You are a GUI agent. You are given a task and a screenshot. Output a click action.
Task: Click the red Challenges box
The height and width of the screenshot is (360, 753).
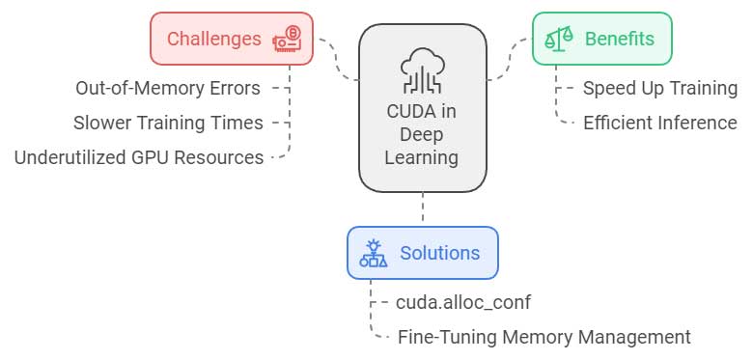232,39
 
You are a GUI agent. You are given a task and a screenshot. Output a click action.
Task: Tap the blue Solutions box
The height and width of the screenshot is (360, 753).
422,253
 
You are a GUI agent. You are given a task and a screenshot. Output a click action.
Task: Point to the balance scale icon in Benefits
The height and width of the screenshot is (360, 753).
559,39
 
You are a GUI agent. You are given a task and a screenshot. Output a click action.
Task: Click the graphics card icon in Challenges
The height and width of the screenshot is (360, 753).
289,39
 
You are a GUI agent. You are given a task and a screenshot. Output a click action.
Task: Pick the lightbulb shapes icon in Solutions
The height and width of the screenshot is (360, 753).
374,253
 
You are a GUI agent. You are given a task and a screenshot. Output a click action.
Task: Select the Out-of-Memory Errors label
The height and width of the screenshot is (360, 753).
168,89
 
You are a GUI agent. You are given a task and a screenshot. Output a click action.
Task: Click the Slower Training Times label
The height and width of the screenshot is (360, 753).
168,123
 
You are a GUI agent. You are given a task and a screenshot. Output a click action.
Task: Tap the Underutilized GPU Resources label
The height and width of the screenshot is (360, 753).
139,157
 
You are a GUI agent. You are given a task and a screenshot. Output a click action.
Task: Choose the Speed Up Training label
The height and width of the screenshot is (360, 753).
660,89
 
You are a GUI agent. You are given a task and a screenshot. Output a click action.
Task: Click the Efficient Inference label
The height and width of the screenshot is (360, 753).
660,123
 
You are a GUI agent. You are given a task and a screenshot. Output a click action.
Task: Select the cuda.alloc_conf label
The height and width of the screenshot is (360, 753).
463,302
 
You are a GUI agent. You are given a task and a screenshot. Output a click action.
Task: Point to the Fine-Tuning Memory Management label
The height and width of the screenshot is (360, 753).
544,337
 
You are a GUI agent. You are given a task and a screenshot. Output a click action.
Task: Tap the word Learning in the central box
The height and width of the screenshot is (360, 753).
423,156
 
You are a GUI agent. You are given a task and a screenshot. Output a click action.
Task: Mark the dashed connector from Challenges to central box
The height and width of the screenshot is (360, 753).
338,58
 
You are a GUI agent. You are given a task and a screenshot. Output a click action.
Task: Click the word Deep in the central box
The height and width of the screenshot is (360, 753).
423,134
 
